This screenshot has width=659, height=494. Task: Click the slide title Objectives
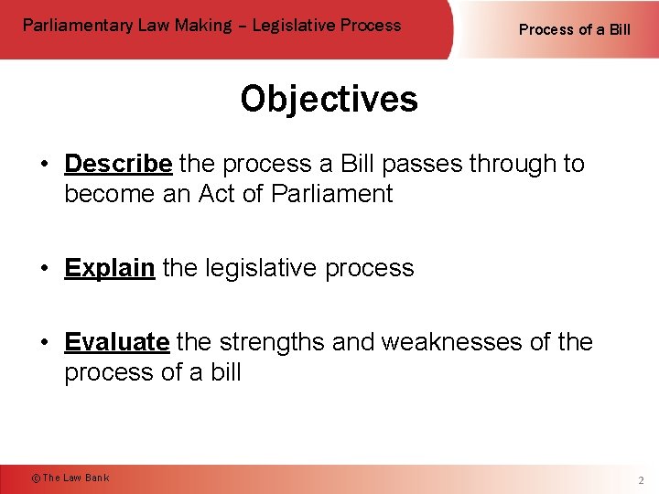point(329,99)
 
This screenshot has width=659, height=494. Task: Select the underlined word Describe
point(118,164)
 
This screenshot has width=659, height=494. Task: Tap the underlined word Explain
point(109,268)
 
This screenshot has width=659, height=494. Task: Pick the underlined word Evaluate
point(116,342)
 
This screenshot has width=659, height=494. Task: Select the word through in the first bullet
point(513,165)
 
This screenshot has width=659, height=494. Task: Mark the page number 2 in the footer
point(642,479)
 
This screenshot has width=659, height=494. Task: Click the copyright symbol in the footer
point(36,478)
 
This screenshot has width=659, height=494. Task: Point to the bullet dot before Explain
point(44,268)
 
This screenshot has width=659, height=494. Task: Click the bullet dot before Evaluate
point(44,342)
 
